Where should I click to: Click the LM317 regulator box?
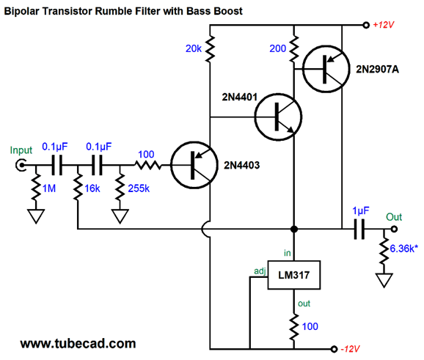tap(294, 275)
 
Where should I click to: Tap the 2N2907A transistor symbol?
tap(326, 69)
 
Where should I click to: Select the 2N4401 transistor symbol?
tap(278, 117)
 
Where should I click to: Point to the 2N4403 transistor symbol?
tap(194, 165)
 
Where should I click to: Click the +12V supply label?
tap(383, 25)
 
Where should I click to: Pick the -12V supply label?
tap(350, 349)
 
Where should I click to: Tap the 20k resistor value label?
tap(194, 48)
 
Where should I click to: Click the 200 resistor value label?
tap(278, 48)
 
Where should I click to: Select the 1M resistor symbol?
tap(36, 186)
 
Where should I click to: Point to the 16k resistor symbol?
tap(78, 186)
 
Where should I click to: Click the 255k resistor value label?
tap(139, 188)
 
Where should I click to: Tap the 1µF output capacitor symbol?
tap(359, 229)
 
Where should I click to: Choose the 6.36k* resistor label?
tap(403, 249)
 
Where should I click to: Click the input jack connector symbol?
tap(21, 165)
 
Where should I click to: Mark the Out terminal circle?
tap(394, 229)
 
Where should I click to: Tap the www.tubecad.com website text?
tap(78, 344)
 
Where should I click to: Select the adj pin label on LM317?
tap(260, 271)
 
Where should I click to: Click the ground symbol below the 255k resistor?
tap(120, 216)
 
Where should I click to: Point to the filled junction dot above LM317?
tap(294, 229)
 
